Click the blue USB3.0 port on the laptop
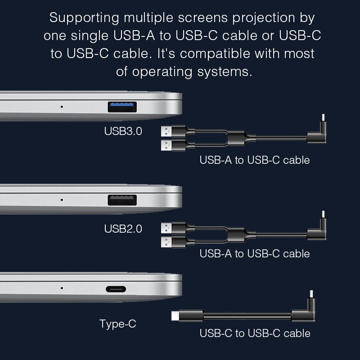(x=122, y=107)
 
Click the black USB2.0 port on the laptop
(x=122, y=200)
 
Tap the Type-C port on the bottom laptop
(x=116, y=289)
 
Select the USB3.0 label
(x=123, y=131)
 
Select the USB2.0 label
(x=123, y=229)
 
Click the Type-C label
(x=117, y=324)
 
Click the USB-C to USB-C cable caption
(x=255, y=333)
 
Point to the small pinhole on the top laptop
(x=62, y=107)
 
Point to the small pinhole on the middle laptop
(x=62, y=200)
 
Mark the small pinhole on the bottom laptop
(x=62, y=288)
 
